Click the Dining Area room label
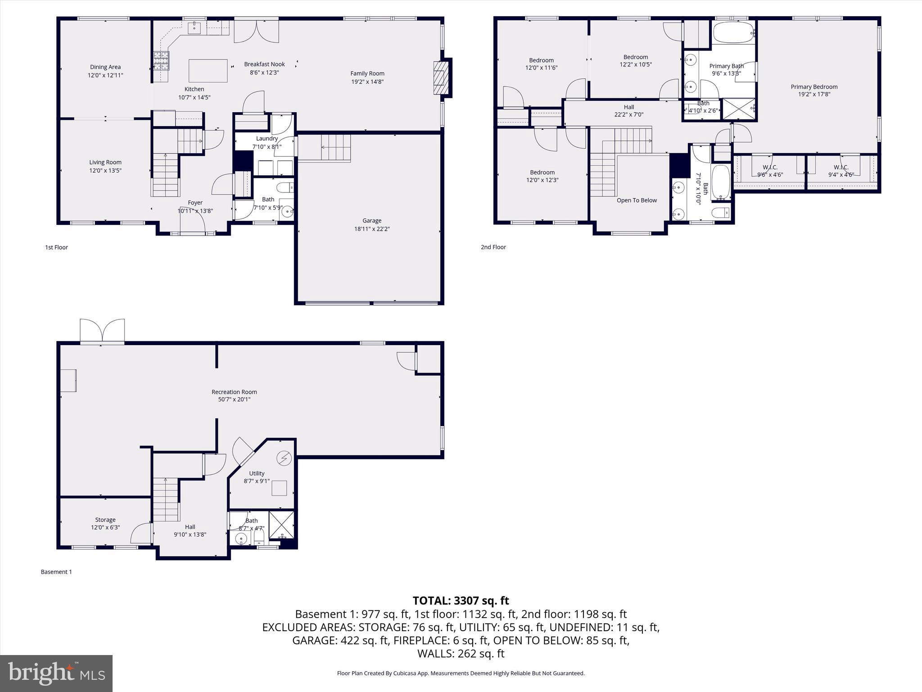(105, 67)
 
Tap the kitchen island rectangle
(208, 71)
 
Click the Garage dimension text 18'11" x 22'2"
(371, 229)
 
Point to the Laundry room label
(267, 139)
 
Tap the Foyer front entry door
(193, 221)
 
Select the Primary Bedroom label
(814, 87)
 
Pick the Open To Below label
(637, 200)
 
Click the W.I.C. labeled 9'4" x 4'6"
(841, 171)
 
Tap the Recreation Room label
(234, 392)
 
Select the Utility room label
(257, 473)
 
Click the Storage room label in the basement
(105, 520)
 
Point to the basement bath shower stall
(281, 525)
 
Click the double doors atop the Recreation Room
(102, 331)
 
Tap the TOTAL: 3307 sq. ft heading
(461, 601)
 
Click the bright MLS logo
(56, 673)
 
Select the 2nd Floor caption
(493, 247)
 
